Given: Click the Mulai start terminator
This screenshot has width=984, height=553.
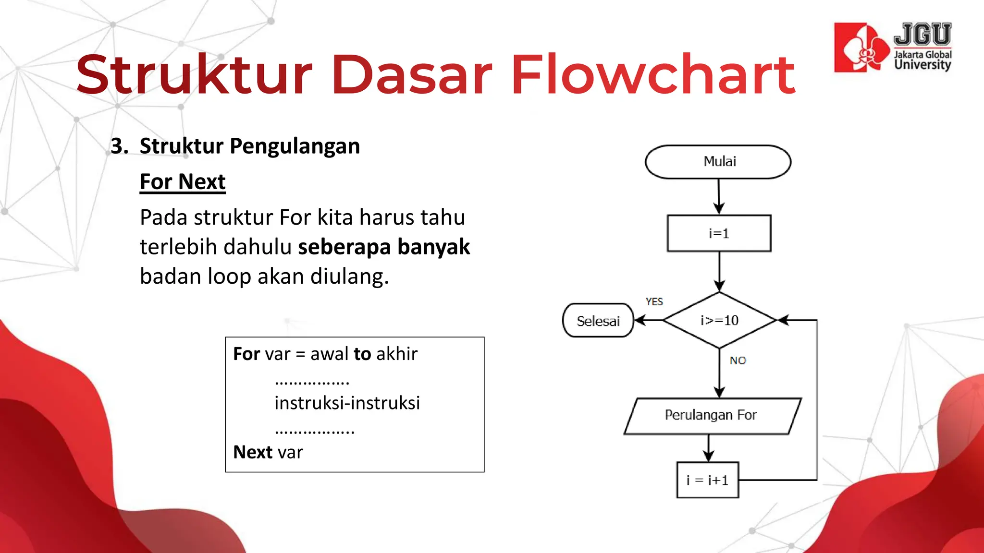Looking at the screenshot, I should tap(718, 162).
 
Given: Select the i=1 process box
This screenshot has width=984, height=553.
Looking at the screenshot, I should tap(719, 233).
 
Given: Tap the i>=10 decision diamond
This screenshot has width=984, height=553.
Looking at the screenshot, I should tap(719, 320).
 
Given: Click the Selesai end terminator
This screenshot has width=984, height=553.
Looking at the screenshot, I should tap(598, 321).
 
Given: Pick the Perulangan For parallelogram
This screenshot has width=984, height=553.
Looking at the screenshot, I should tap(712, 415).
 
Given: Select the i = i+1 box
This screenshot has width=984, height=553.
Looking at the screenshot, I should tap(707, 480).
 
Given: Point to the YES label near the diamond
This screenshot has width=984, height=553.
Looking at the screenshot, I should tap(654, 301).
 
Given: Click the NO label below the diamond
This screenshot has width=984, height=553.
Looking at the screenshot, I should tap(738, 361).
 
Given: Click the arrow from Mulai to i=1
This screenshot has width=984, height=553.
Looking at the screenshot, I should tap(719, 197).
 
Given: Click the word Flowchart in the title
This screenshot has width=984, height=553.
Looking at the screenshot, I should tap(652, 75).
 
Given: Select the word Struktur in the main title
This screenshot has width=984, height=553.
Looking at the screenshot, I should tap(194, 75).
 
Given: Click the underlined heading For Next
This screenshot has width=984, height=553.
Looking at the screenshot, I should tap(183, 182).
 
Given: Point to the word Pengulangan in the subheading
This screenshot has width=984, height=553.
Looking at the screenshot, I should tap(295, 146).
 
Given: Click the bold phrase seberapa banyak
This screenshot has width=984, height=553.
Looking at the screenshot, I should tap(383, 247).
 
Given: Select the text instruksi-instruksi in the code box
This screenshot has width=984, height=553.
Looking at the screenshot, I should tap(347, 403).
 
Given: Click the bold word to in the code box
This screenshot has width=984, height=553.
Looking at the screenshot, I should tap(362, 354).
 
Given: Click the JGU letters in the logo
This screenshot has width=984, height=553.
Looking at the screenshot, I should tap(922, 35).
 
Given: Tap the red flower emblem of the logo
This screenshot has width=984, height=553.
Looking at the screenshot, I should tap(862, 48).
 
